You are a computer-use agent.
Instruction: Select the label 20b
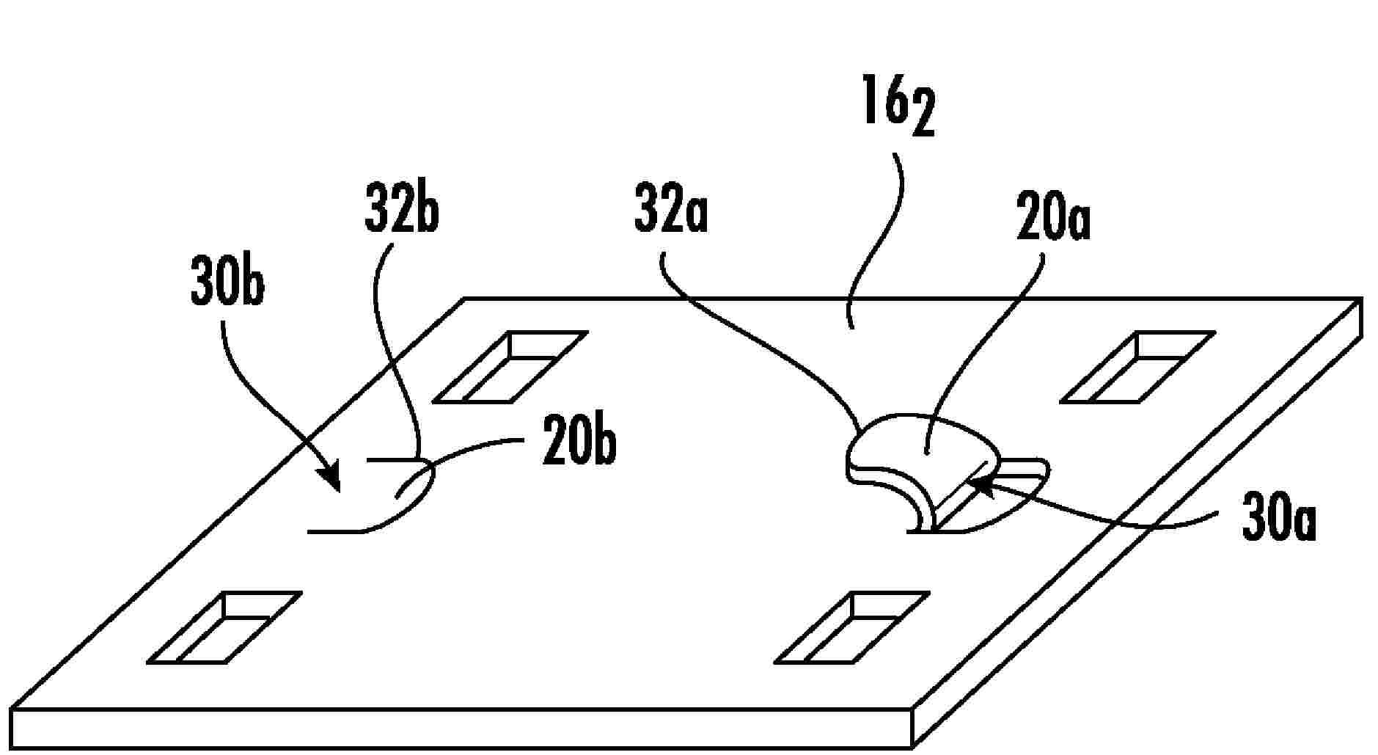click(x=579, y=441)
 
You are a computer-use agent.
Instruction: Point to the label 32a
click(x=671, y=214)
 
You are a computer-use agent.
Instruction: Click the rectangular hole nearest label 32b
click(x=510, y=367)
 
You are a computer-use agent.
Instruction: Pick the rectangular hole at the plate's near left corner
click(x=224, y=628)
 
